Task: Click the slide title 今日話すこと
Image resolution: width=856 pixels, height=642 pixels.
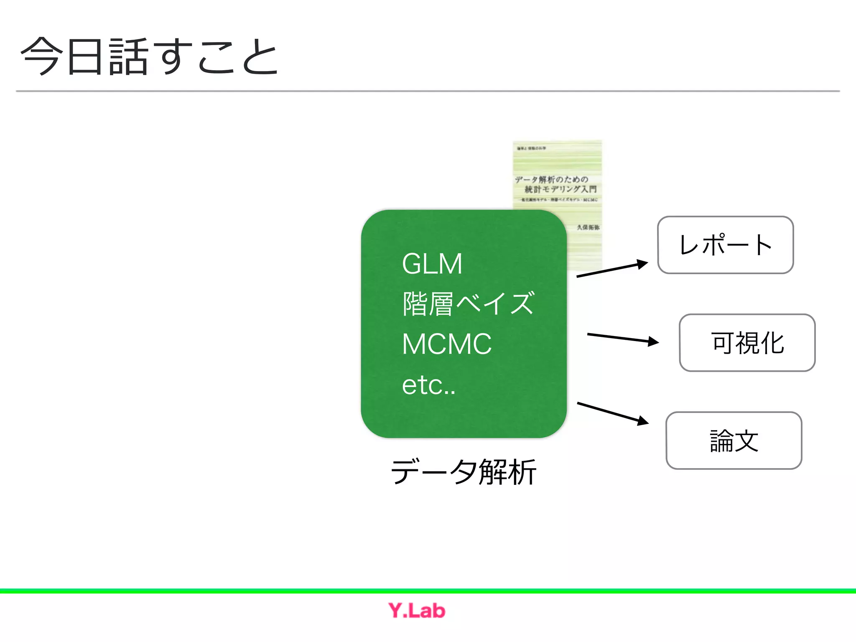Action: pyautogui.click(x=149, y=56)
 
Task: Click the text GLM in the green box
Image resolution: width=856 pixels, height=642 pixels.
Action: pyautogui.click(x=432, y=264)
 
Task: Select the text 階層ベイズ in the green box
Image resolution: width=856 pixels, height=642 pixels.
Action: pyautogui.click(x=468, y=303)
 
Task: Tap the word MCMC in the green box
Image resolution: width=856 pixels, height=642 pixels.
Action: pyautogui.click(x=446, y=344)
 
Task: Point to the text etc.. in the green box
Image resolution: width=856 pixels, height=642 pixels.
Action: pyautogui.click(x=428, y=385)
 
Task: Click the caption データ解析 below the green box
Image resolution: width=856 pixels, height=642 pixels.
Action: pyautogui.click(x=463, y=472)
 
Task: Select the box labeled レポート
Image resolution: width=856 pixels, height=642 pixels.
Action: pyautogui.click(x=725, y=245)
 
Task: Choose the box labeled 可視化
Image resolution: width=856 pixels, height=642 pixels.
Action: pyautogui.click(x=747, y=343)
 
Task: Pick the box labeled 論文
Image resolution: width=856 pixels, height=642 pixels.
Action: pyautogui.click(x=734, y=441)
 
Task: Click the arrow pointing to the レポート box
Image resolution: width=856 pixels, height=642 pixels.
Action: pyautogui.click(x=612, y=269)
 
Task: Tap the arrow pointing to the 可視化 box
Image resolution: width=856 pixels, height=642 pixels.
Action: pyautogui.click(x=623, y=338)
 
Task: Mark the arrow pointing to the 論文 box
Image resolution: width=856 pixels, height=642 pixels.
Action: pyautogui.click(x=613, y=413)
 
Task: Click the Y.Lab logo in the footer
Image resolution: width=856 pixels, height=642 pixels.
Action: pyautogui.click(x=417, y=611)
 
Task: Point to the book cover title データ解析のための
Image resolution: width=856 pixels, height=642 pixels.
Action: pyautogui.click(x=551, y=179)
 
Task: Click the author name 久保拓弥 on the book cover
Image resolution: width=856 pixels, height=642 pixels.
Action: pyautogui.click(x=588, y=227)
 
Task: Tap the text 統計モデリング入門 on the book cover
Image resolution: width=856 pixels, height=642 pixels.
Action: pyautogui.click(x=560, y=189)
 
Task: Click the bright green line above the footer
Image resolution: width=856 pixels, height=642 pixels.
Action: pyautogui.click(x=428, y=591)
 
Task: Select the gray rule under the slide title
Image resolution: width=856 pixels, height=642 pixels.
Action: pyautogui.click(x=428, y=91)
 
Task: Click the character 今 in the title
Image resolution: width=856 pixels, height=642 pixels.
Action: pyautogui.click(x=40, y=56)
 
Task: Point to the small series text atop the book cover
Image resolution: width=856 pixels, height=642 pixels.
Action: pyautogui.click(x=531, y=148)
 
